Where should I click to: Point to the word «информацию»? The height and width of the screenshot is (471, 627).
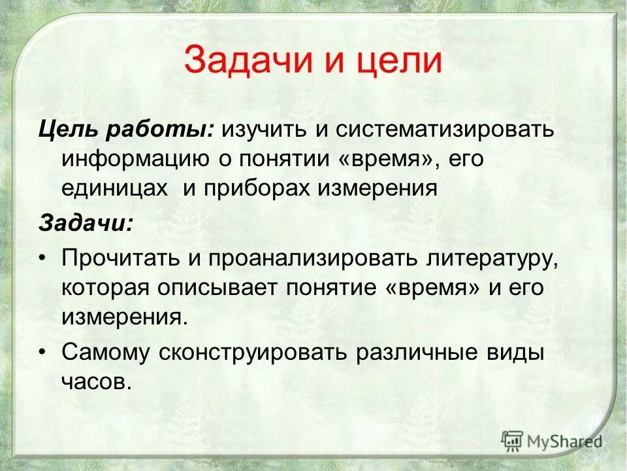point(135,159)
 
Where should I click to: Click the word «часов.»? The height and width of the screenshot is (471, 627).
point(97,382)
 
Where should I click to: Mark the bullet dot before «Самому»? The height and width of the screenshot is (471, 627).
point(44,353)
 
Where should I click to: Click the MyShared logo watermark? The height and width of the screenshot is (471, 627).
point(551,441)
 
